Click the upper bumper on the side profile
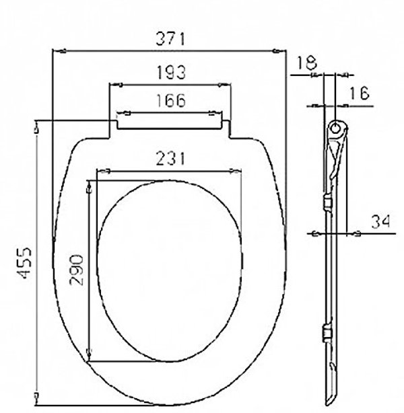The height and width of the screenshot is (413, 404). coord(327,202)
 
